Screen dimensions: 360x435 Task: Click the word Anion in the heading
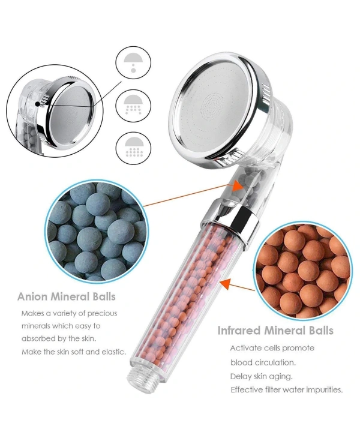point(32,296)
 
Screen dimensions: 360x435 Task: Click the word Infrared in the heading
point(239,331)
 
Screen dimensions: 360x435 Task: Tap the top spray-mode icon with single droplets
point(133,63)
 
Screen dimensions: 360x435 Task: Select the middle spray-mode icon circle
point(133,106)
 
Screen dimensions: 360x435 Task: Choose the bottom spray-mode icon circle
point(133,148)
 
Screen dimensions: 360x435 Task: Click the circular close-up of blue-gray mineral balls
point(96,231)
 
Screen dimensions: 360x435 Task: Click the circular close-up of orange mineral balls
point(302,272)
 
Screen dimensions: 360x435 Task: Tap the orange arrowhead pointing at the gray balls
point(238,185)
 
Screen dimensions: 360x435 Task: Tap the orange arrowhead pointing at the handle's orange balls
point(226,284)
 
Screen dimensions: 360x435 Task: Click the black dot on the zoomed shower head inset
point(37,104)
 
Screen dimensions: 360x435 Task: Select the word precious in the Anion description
point(103,313)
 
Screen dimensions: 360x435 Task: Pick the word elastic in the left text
point(114,352)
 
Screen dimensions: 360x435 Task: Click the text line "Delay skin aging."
point(261,376)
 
